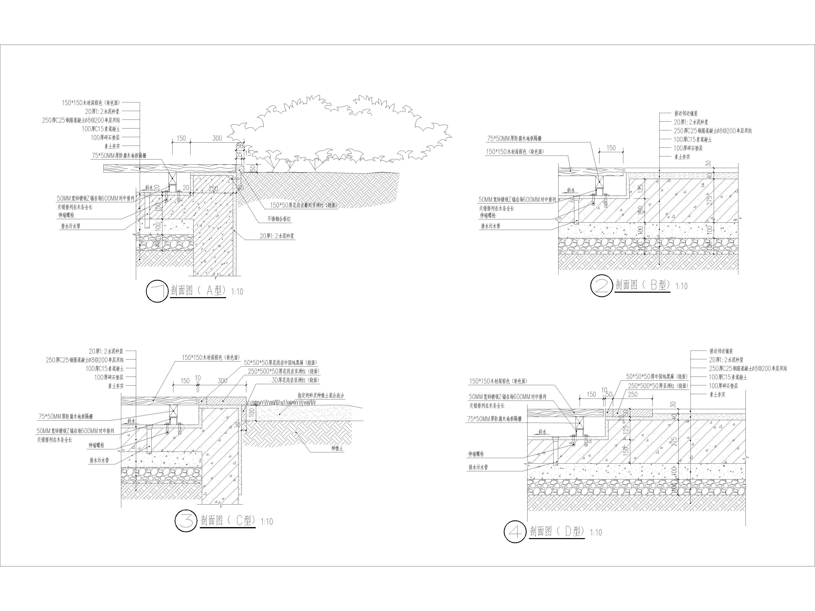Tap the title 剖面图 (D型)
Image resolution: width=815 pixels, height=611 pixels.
[x=556, y=531]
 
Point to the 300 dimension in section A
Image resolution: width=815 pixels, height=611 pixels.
[x=217, y=138]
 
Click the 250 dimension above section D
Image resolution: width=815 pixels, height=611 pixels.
[x=633, y=395]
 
